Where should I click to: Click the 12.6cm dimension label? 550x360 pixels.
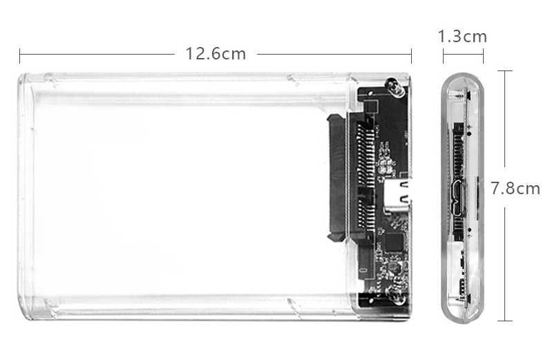coord(215,53)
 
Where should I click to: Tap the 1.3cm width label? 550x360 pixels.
coord(462,36)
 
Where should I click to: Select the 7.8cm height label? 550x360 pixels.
coord(515,188)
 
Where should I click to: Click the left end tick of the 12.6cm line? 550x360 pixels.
coord(19,54)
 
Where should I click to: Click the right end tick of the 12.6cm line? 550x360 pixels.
coord(411,54)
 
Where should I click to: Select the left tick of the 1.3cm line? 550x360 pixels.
coord(443,55)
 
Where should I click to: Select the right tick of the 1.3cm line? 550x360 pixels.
coord(483,55)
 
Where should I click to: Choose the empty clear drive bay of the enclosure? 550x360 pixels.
coord(173,193)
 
